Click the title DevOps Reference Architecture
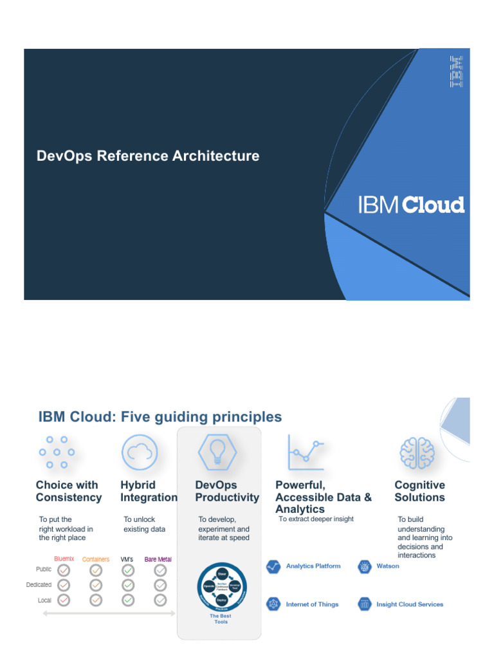tap(148, 156)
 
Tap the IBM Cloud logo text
tap(411, 205)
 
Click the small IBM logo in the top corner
tap(456, 71)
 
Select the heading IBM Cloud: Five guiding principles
tap(160, 417)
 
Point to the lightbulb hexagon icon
tap(219, 452)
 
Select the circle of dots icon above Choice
tap(57, 452)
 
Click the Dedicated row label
tap(39, 585)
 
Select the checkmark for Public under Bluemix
tap(64, 570)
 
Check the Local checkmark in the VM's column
tap(128, 600)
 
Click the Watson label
tap(387, 566)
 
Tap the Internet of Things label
tap(312, 605)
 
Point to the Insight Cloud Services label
tap(409, 605)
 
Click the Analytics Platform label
tap(313, 566)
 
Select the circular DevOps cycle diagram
tap(222, 587)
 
